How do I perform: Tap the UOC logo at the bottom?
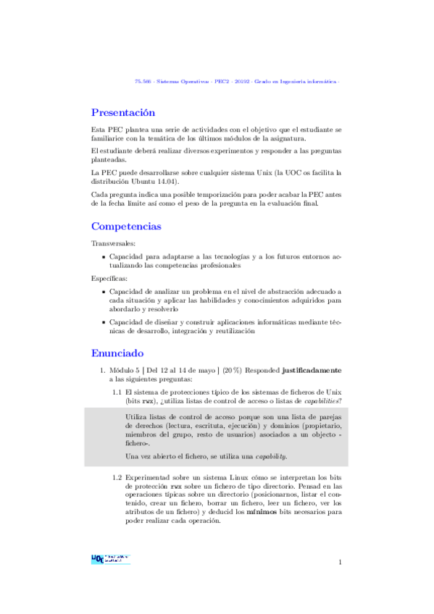point(109,558)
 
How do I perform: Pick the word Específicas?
point(109,278)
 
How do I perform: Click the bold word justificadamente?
point(312,370)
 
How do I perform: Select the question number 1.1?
point(117,392)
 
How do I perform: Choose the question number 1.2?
point(117,478)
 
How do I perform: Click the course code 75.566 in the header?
point(143,81)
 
